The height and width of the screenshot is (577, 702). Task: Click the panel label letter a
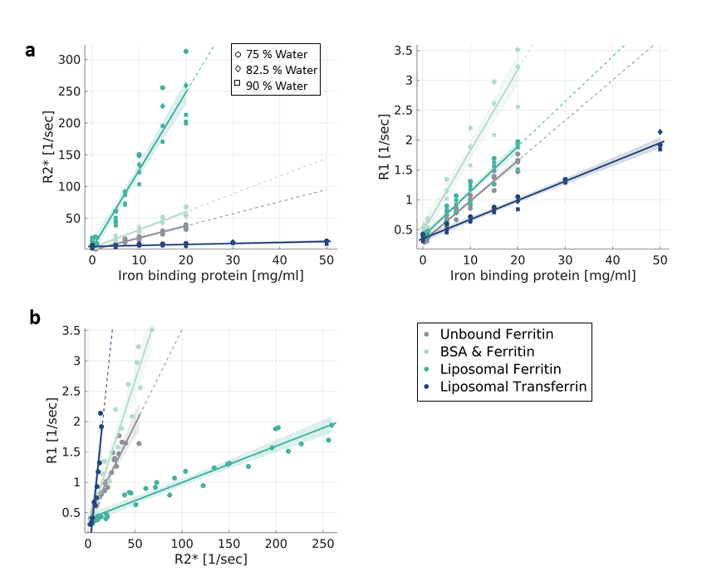pos(30,51)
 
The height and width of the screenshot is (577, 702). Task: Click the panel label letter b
pos(34,318)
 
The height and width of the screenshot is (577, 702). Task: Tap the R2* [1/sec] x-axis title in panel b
pos(212,559)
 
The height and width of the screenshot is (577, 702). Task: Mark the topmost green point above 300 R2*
pos(186,52)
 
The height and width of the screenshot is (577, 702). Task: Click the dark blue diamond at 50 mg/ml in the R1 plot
pos(660,132)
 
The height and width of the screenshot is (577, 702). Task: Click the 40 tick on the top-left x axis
pos(279,259)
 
